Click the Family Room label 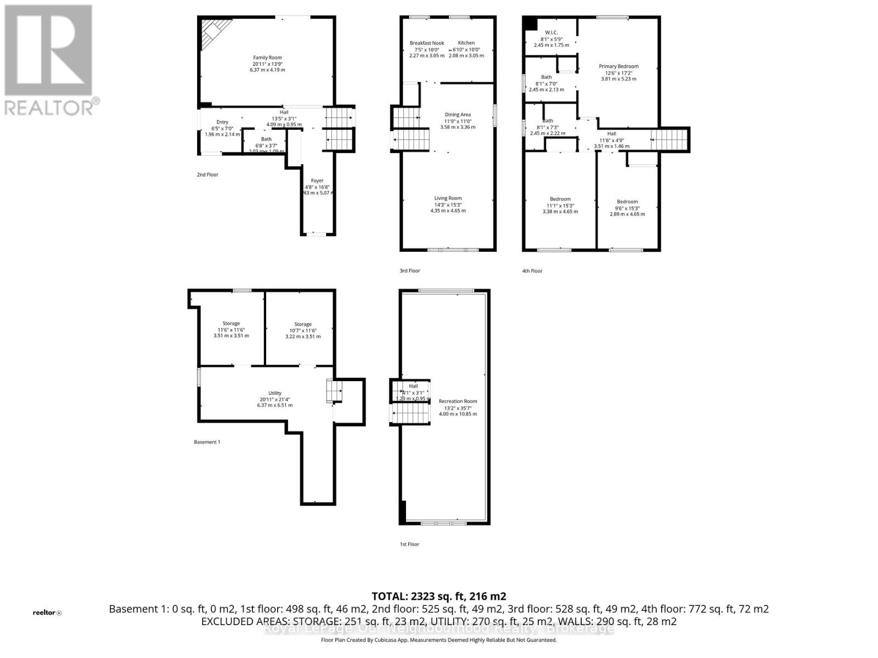pos(267,58)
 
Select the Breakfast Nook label pos(426,43)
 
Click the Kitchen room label pos(466,43)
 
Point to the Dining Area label pos(457,115)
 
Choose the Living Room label pos(448,198)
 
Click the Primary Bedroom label pos(618,66)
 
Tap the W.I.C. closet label pos(551,33)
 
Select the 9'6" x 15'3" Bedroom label pos(627,202)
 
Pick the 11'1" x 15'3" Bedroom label pos(560,200)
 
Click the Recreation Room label pos(458,401)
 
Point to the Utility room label pos(274,393)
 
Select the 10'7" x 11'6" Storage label pos(302,325)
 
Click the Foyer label pos(317,181)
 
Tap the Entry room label pos(222,122)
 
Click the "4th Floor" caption pos(532,271)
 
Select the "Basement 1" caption pos(207,442)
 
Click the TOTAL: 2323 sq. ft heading pos(438,596)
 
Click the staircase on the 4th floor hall pos(669,140)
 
